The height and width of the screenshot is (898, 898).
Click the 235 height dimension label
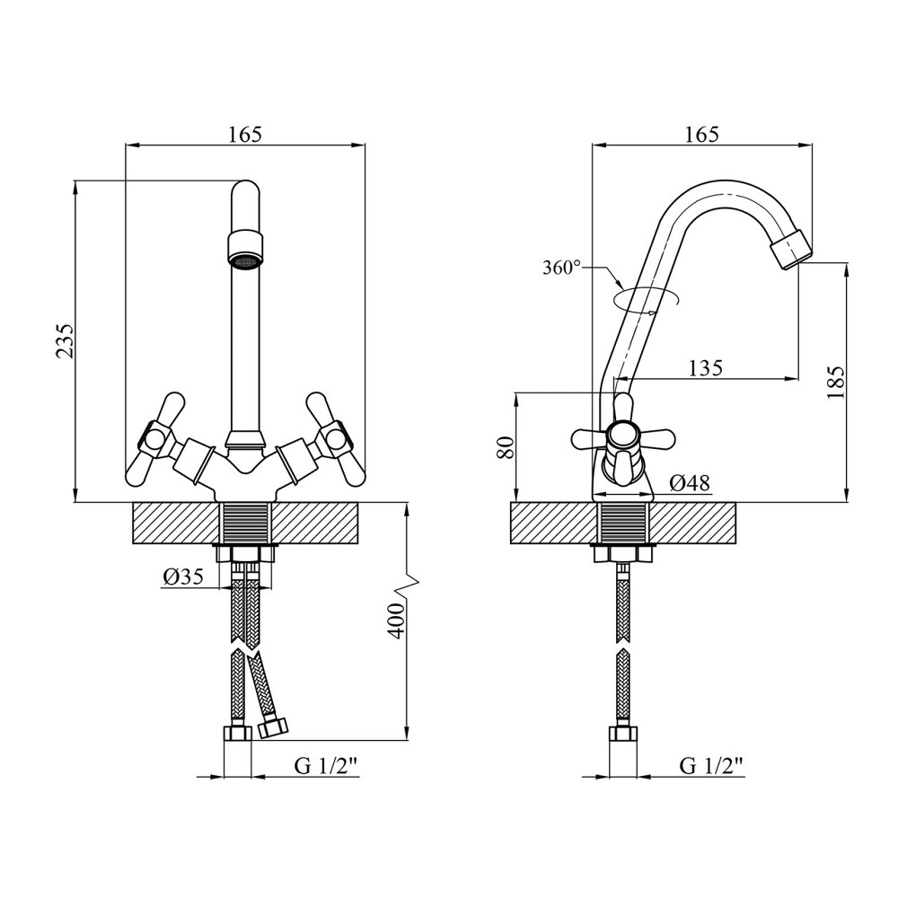click(x=65, y=340)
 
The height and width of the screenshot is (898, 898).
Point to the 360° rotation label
click(x=561, y=268)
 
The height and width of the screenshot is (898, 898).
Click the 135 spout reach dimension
click(x=706, y=367)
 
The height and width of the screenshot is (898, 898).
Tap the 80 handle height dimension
click(x=505, y=446)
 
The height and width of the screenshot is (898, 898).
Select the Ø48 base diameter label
click(x=690, y=483)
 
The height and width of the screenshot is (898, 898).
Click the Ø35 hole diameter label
click(x=183, y=577)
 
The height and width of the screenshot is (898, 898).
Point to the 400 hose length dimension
click(x=395, y=621)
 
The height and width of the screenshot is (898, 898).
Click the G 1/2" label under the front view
click(x=327, y=766)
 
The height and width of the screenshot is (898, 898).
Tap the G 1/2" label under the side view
click(x=712, y=766)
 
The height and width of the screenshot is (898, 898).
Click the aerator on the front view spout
click(x=246, y=249)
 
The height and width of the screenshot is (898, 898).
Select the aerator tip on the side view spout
click(x=791, y=248)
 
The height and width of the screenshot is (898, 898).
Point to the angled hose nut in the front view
click(x=273, y=727)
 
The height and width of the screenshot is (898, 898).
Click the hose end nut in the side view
click(x=623, y=734)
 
